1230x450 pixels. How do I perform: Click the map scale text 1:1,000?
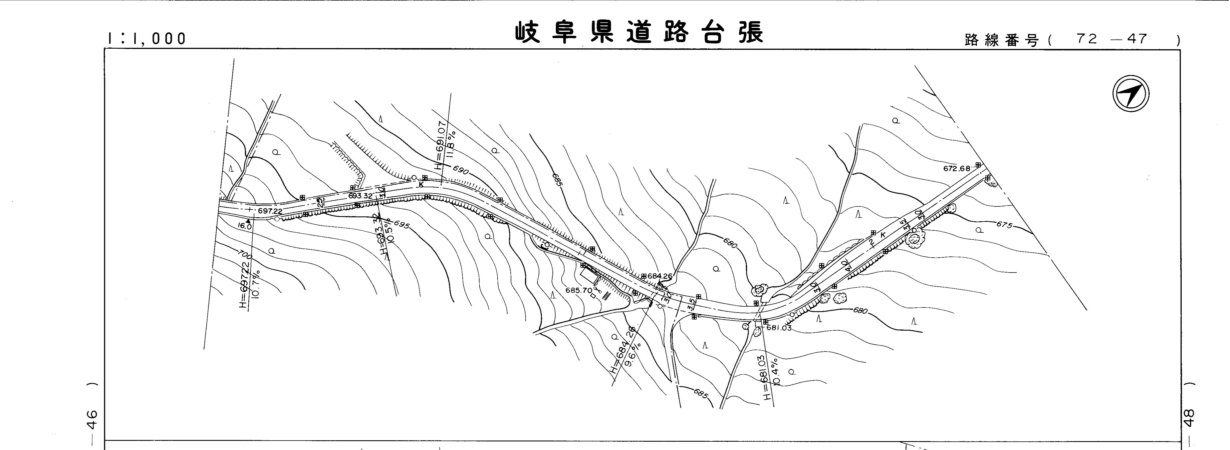click(146, 39)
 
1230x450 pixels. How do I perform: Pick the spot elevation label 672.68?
click(956, 168)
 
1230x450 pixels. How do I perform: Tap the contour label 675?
click(1004, 224)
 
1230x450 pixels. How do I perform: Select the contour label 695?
click(402, 224)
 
